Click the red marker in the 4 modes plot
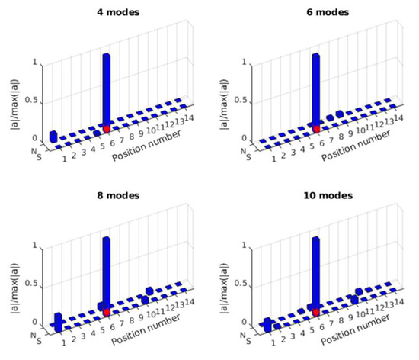pos(107,130)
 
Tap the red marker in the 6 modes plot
pos(316,130)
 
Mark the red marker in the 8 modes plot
pos(107,313)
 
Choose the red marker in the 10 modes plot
pos(316,313)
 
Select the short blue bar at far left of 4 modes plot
pos(53,136)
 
